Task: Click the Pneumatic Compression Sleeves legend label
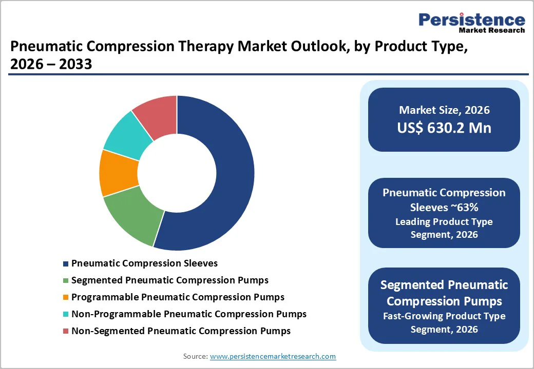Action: pyautogui.click(x=144, y=263)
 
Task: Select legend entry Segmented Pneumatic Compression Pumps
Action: pyautogui.click(x=169, y=280)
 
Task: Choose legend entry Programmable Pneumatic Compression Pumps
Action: pyautogui.click(x=178, y=297)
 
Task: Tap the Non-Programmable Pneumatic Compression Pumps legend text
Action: pyautogui.click(x=188, y=314)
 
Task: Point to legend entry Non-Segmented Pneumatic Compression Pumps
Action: pyautogui.click(x=181, y=331)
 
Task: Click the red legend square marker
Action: pyautogui.click(x=65, y=332)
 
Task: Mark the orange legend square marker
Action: pyautogui.click(x=65, y=298)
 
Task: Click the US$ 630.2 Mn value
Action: pyautogui.click(x=444, y=128)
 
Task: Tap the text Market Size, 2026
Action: pyautogui.click(x=444, y=110)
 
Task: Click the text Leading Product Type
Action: pyautogui.click(x=444, y=222)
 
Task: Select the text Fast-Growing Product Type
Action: pyautogui.click(x=444, y=316)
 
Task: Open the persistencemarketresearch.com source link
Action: pyautogui.click(x=273, y=356)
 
